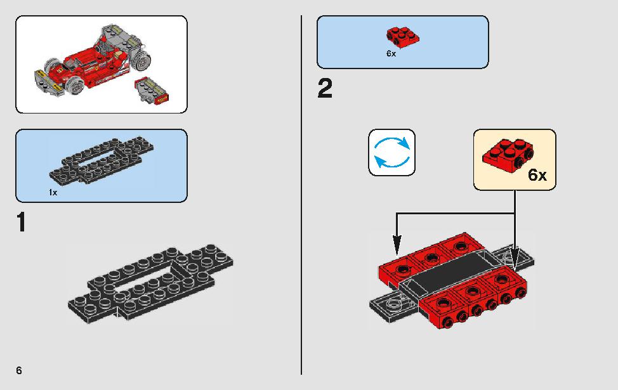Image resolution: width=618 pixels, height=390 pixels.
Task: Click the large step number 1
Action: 22,222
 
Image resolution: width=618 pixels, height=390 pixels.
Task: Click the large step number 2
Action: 325,88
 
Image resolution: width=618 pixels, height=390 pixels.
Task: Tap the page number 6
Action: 19,370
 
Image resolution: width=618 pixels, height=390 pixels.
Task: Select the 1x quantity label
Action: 53,192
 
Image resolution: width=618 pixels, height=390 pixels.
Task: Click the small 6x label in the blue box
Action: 391,53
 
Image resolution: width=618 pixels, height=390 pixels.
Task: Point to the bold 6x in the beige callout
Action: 537,175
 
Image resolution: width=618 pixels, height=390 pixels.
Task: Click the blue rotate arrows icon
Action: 391,152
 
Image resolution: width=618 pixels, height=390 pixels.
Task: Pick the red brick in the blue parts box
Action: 402,37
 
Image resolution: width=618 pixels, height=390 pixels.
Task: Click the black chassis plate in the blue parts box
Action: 102,160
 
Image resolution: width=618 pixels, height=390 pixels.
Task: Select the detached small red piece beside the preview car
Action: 152,91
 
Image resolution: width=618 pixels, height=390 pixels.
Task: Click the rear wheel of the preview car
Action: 141,61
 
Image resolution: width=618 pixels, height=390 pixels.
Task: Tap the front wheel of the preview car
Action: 75,85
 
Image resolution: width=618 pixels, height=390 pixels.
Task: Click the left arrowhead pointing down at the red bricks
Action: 397,245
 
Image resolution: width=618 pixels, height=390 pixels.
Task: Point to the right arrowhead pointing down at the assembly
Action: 515,255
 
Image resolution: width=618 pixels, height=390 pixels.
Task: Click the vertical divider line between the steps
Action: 301,195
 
